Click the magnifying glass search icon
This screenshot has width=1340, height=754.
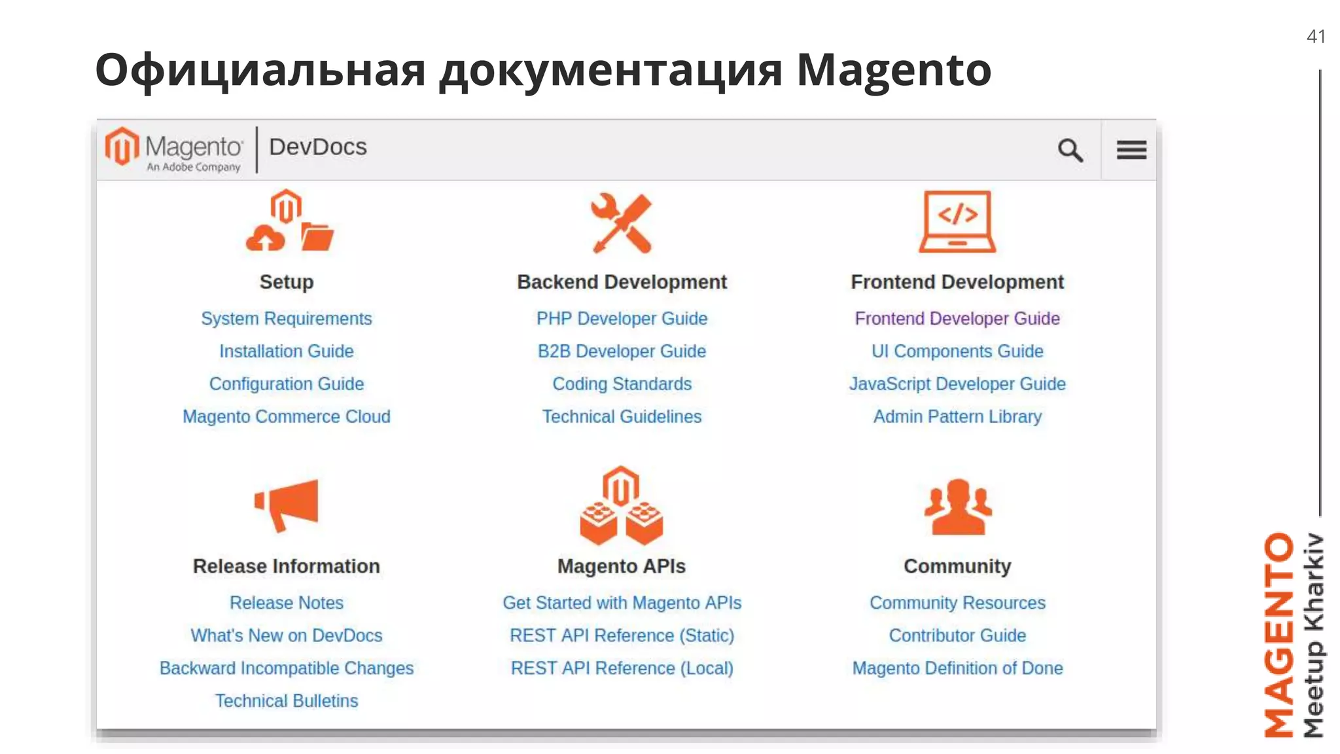(1070, 150)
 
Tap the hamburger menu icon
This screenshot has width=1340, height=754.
(1131, 150)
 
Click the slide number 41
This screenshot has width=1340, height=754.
(1316, 37)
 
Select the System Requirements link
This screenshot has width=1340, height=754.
(286, 319)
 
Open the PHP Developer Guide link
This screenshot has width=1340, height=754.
(622, 319)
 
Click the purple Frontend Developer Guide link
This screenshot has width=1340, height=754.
(957, 319)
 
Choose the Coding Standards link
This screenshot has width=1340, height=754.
(622, 384)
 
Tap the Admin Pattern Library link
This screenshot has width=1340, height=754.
(957, 417)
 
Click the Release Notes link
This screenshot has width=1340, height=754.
(286, 603)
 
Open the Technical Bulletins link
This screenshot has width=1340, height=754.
(286, 701)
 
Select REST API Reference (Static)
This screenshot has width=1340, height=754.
(622, 636)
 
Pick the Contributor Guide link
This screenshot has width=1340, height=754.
(957, 636)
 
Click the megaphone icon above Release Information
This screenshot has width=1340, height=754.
(287, 504)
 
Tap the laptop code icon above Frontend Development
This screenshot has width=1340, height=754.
(957, 221)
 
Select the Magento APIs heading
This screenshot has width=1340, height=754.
(622, 566)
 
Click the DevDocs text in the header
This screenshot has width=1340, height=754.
(318, 147)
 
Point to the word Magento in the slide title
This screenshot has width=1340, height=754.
(893, 70)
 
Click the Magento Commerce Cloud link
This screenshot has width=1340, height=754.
(286, 417)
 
